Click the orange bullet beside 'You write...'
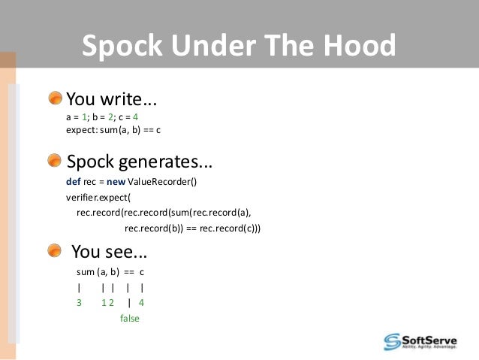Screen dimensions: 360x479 click(56, 98)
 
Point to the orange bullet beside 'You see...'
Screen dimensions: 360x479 click(56, 250)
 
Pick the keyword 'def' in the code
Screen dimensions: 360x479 click(74, 183)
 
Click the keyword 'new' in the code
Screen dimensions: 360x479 click(116, 183)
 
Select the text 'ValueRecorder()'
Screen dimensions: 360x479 click(163, 183)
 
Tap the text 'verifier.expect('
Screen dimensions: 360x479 click(98, 198)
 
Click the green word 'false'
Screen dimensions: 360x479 click(130, 318)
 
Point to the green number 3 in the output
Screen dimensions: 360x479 click(79, 303)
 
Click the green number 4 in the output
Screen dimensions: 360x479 click(141, 303)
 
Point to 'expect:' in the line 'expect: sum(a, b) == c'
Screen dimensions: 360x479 click(81, 130)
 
